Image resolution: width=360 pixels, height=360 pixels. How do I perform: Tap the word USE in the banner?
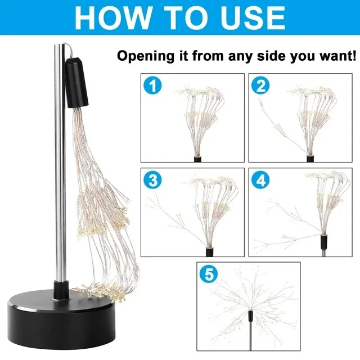point(253,17)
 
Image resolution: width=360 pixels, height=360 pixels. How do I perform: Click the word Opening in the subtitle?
point(146,56)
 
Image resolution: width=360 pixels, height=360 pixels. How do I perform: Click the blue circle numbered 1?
point(152,85)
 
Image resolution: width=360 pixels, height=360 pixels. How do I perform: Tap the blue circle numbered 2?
point(260,85)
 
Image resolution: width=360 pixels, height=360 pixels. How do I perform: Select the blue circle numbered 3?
point(152,180)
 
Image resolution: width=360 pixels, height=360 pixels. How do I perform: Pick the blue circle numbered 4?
point(260,180)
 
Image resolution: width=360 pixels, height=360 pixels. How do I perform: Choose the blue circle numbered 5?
point(209,274)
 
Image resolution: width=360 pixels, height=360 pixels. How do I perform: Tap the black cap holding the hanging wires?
point(76,83)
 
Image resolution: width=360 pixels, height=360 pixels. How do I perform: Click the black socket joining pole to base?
point(61,290)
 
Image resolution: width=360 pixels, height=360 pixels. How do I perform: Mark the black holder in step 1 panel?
point(198,159)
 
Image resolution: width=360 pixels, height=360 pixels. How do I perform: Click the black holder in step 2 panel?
point(310,159)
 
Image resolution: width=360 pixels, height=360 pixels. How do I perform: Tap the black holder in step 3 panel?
point(209,252)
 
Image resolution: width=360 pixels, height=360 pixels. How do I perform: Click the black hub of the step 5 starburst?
point(250,316)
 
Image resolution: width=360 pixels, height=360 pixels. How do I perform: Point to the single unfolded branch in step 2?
point(282,129)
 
